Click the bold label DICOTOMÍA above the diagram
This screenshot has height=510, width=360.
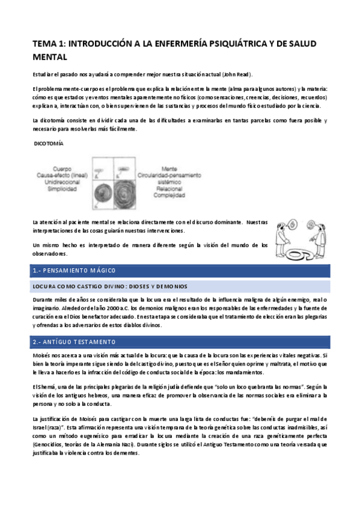[x=49, y=144]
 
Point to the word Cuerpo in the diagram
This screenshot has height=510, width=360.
[x=62, y=169]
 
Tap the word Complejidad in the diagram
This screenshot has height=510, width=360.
[x=171, y=195]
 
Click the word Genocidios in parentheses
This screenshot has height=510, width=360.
[x=49, y=443]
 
